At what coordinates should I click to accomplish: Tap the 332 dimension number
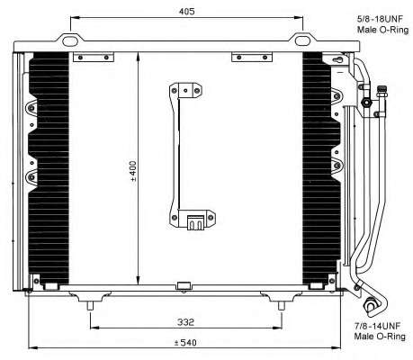186,320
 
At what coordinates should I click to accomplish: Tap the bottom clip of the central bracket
194,221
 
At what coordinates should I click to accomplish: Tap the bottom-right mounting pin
282,306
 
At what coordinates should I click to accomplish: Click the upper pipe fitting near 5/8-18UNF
367,102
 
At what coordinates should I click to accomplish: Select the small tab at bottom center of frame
184,287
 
